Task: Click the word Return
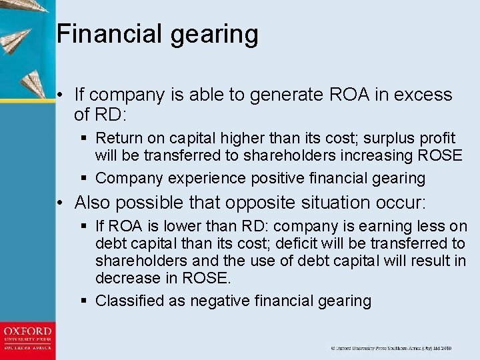pos(117,139)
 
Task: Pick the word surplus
pos(369,139)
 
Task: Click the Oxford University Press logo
pos(27,339)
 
